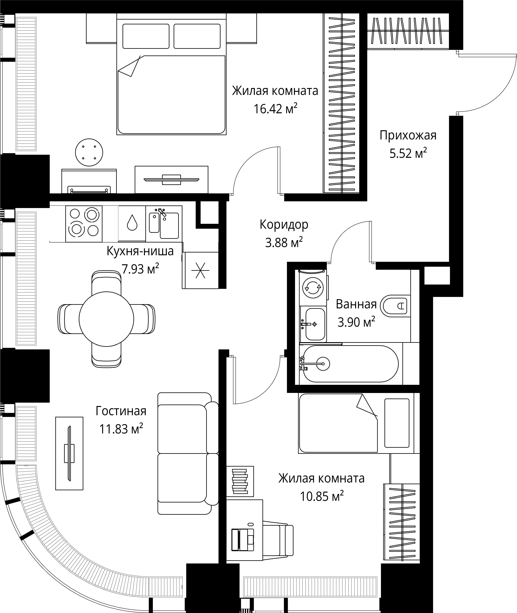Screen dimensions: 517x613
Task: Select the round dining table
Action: click(106, 319)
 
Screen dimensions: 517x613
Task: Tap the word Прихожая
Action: click(408, 136)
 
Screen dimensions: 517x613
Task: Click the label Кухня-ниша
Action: click(140, 251)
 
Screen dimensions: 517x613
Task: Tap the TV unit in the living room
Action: click(69, 453)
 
